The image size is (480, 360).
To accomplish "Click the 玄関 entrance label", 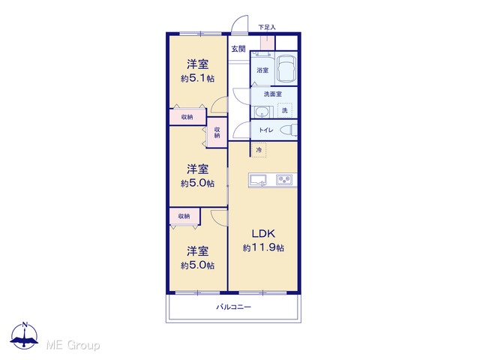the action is click(238, 49).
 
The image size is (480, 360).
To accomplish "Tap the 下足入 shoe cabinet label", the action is click(267, 27).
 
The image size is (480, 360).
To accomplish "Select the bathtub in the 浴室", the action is click(286, 69).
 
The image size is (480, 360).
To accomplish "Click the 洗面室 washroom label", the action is click(273, 94).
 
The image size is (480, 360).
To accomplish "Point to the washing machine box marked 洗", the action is click(285, 110).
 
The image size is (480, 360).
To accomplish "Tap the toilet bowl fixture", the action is click(289, 130).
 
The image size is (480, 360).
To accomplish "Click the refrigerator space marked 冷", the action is click(259, 150).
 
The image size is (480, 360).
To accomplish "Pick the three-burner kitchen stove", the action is click(285, 180).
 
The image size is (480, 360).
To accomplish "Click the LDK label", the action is click(263, 234).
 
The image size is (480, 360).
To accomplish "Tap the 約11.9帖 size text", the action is click(263, 247).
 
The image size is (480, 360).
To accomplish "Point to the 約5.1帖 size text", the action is click(197, 78).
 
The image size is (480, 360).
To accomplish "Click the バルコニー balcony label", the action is click(234, 307).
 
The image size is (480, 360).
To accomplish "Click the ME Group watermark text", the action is click(73, 346).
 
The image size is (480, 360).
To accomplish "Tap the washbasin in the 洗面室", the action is click(262, 112).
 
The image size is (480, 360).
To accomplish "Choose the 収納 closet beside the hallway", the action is click(217, 133).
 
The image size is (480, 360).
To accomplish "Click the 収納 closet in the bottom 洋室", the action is click(184, 216).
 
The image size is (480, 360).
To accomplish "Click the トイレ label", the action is click(266, 130).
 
